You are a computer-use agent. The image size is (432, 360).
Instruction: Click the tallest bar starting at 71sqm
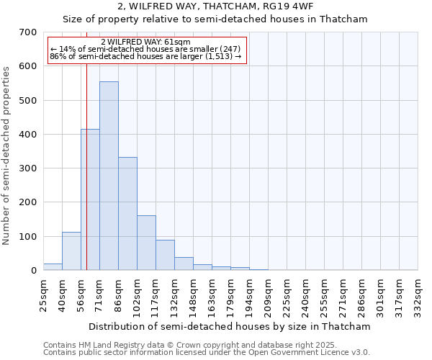pyautogui.click(x=109, y=176)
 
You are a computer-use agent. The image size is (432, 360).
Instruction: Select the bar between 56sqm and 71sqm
pyautogui.click(x=90, y=200)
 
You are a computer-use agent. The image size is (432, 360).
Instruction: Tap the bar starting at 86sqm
pyautogui.click(x=127, y=214)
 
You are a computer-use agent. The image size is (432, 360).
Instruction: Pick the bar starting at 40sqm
pyautogui.click(x=71, y=251)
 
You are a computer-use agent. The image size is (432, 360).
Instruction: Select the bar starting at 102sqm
pyautogui.click(x=146, y=243)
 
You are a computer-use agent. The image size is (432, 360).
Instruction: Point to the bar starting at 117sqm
pyautogui.click(x=165, y=256)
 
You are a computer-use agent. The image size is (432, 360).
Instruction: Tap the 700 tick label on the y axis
pyautogui.click(x=28, y=32)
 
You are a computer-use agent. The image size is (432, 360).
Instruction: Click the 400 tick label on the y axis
pyautogui.click(x=28, y=135)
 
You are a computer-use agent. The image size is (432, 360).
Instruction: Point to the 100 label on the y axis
pyautogui.click(x=28, y=237)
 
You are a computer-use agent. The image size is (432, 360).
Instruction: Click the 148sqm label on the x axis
pyautogui.click(x=193, y=295)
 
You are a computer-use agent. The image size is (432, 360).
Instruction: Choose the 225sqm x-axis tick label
pyautogui.click(x=287, y=295)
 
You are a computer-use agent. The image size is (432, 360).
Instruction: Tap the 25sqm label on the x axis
pyautogui.click(x=43, y=295)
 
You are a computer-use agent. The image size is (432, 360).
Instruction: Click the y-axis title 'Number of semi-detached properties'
pyautogui.click(x=7, y=156)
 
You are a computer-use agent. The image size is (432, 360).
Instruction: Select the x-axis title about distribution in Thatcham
pyautogui.click(x=230, y=326)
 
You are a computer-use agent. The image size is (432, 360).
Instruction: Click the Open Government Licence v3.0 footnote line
pyautogui.click(x=207, y=353)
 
